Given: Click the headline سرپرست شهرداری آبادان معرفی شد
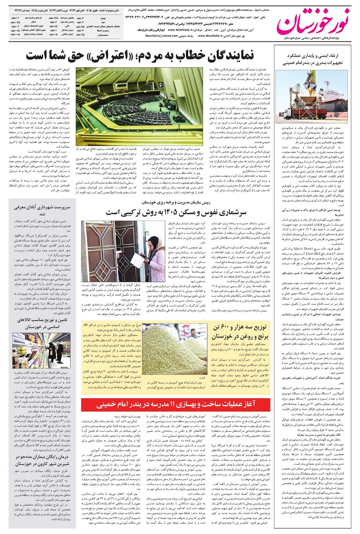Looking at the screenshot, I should pos(42,210).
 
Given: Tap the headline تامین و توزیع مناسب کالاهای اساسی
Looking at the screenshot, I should pos(42,323).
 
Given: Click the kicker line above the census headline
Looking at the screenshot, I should pos(175,203).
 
